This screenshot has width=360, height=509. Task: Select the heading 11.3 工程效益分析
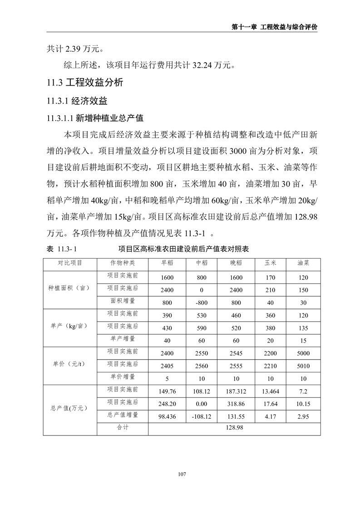coord(85,83)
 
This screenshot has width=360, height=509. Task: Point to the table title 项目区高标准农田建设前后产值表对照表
coord(184,249)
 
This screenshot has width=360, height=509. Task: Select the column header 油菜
coord(303,263)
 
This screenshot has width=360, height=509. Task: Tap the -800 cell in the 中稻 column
coord(201,303)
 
